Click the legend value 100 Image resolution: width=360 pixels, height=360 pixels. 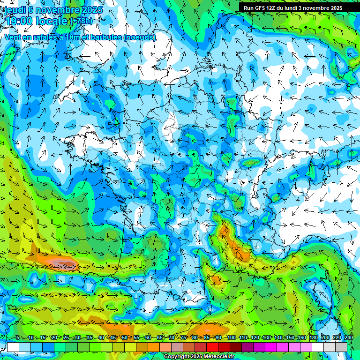231,338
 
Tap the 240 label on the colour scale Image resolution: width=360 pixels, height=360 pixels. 349,338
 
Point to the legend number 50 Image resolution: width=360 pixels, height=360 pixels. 124,338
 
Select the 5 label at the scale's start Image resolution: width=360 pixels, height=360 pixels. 18,338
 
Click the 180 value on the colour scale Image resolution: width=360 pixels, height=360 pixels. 313,338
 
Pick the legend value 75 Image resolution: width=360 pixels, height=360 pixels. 183,338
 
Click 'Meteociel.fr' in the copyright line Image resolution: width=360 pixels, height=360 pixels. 217,356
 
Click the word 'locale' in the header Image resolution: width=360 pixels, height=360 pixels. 52,21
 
